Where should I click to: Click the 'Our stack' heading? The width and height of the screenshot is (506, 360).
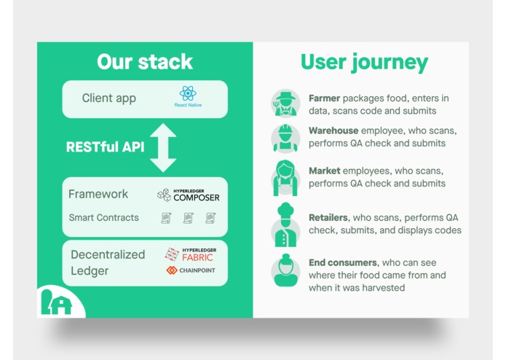click(145, 61)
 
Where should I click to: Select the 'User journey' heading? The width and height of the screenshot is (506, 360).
click(364, 62)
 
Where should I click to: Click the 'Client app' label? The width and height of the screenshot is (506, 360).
click(109, 98)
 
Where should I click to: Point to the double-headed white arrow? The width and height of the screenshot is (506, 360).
click(163, 147)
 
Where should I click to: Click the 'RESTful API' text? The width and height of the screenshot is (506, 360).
click(105, 146)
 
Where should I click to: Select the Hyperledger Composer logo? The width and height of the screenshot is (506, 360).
click(188, 195)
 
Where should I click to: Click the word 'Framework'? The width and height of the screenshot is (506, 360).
click(98, 195)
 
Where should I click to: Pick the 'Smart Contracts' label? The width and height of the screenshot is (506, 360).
click(104, 218)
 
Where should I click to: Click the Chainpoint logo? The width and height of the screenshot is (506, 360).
click(191, 270)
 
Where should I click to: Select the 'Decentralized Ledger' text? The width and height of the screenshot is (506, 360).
click(108, 262)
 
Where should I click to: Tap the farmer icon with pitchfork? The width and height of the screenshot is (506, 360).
click(285, 103)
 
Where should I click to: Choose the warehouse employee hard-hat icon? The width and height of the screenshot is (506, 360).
click(285, 137)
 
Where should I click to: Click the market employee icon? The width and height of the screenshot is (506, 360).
click(285, 177)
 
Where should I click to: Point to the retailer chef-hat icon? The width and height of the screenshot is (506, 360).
click(285, 224)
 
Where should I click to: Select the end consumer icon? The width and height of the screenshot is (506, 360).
click(285, 270)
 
